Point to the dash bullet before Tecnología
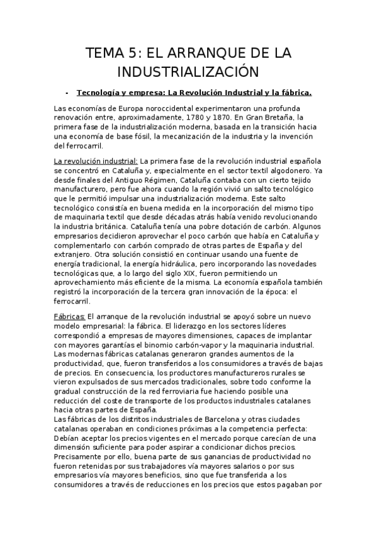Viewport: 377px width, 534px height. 67,92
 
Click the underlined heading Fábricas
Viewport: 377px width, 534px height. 70,315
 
